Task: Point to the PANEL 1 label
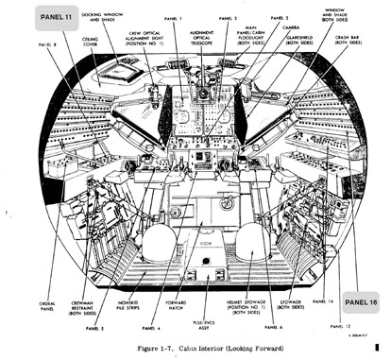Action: [172, 19]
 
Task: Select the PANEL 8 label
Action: [48, 44]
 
